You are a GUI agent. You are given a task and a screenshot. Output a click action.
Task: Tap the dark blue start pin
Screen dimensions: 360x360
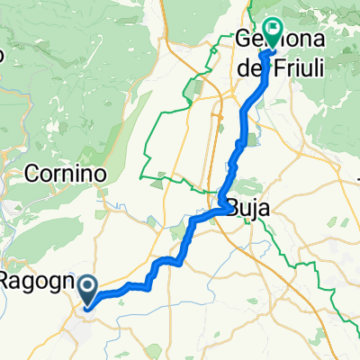87,290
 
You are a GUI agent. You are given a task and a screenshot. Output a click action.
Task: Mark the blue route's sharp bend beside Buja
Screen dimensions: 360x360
222,200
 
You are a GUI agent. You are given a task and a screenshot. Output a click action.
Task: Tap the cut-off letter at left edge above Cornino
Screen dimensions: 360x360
3,54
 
